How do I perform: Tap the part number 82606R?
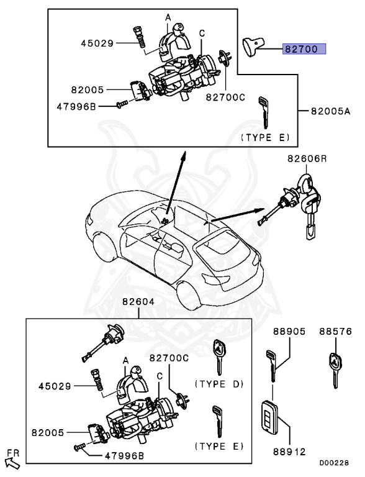pyautogui.click(x=306, y=159)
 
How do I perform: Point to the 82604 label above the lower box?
pyautogui.click(x=138, y=302)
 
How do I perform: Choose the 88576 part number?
pyautogui.click(x=336, y=332)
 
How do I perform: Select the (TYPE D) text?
pyautogui.click(x=219, y=384)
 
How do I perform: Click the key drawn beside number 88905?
pyautogui.click(x=273, y=366)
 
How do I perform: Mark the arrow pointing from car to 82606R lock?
pyautogui.click(x=236, y=215)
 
